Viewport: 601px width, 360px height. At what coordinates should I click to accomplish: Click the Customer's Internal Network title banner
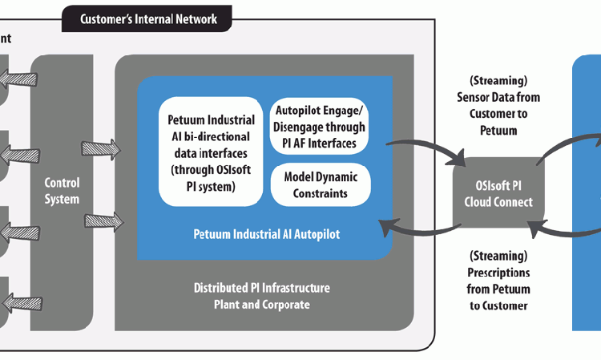pyautogui.click(x=148, y=18)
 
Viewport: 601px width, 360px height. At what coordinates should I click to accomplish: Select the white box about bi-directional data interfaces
pyautogui.click(x=212, y=150)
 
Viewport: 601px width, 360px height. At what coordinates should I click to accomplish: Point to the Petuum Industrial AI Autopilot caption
pyautogui.click(x=264, y=234)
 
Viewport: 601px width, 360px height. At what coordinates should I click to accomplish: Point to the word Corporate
pyautogui.click(x=282, y=304)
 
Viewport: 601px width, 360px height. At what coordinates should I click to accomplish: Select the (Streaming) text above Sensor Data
pyautogui.click(x=498, y=80)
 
